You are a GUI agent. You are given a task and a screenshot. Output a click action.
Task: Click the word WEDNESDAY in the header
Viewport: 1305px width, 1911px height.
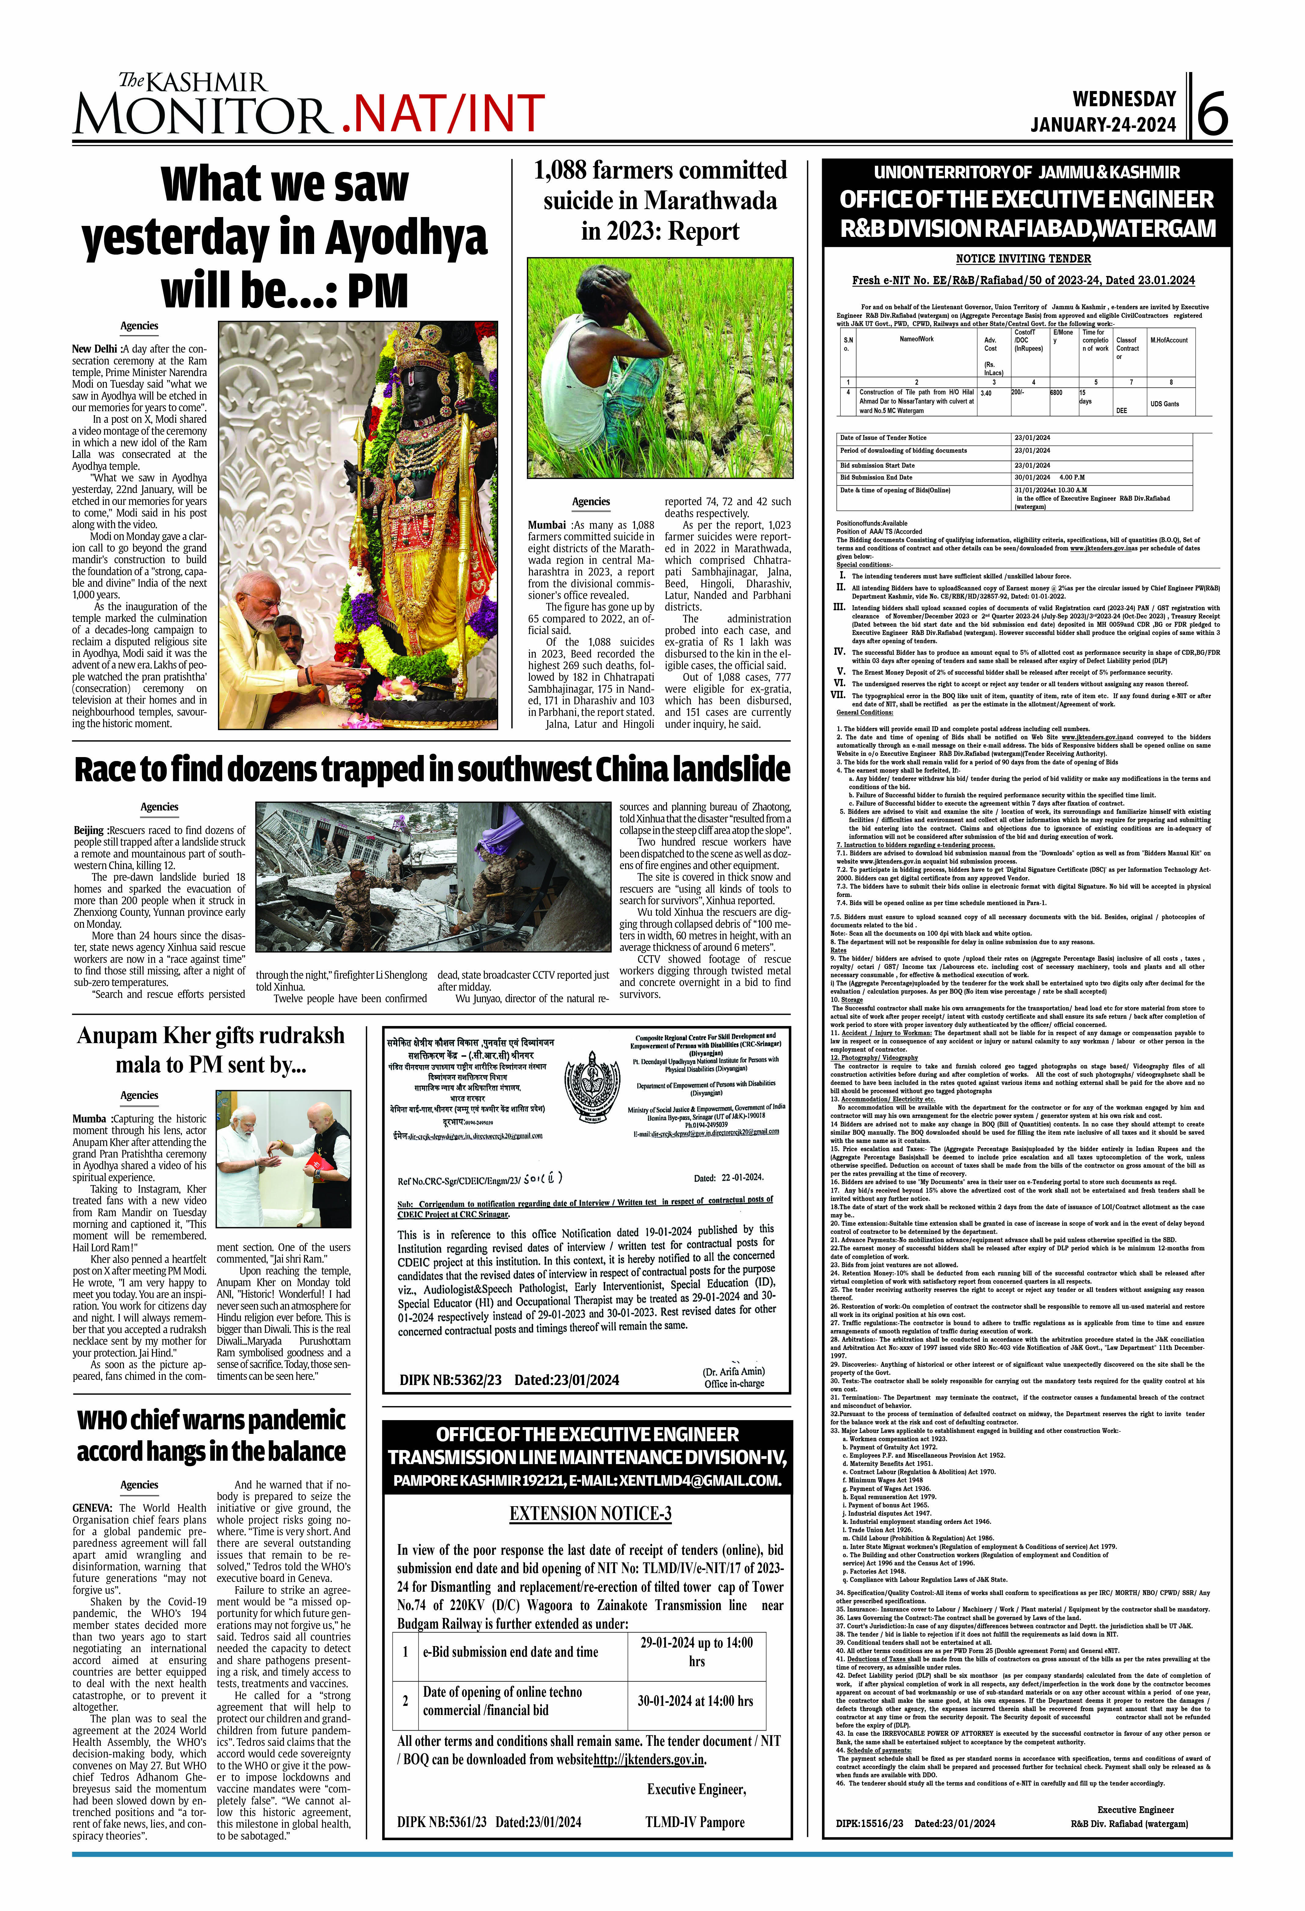[x=1124, y=100]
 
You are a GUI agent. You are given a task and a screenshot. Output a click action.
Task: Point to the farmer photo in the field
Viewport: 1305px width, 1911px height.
[x=660, y=368]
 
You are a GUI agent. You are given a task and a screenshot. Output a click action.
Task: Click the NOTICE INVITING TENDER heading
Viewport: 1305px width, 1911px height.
[x=1023, y=258]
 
